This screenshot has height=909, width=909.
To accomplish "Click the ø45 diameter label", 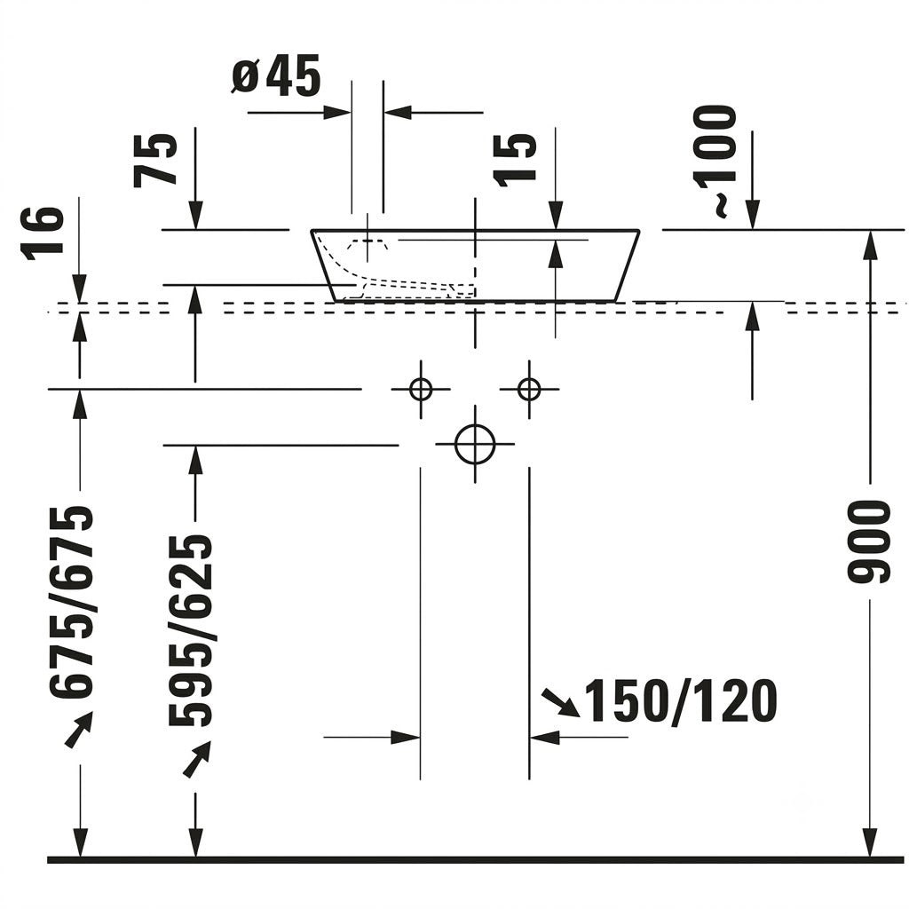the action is [276, 76].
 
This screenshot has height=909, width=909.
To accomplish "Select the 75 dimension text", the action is [154, 160].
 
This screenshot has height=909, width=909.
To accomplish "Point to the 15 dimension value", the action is [514, 160].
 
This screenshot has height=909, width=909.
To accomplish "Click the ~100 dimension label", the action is [715, 162].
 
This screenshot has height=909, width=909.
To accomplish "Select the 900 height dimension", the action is [868, 541].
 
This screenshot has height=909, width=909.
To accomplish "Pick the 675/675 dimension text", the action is [71, 603].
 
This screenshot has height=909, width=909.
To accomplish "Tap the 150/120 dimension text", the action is [682, 701].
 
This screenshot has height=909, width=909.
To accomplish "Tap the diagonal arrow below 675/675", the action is [78, 730].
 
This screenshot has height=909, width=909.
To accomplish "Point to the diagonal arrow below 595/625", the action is [196, 758].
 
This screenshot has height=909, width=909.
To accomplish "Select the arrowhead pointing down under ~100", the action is [753, 215].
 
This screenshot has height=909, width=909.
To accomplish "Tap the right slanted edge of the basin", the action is [628, 265].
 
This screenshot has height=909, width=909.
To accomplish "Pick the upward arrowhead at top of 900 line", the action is [869, 245].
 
